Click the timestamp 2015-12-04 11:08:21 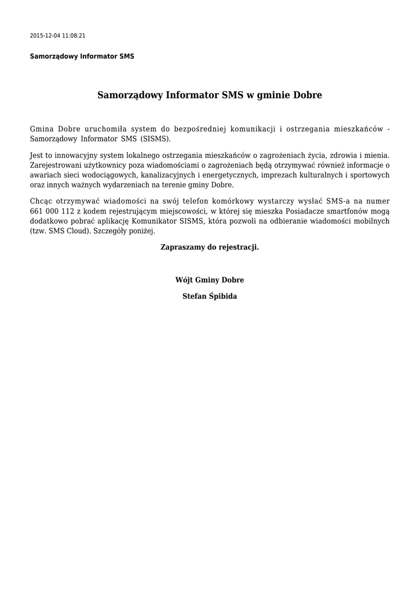pyautogui.click(x=57, y=35)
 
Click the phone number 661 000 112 pyautogui.click(x=52, y=211)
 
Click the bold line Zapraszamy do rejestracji pyautogui.click(x=209, y=247)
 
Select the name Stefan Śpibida pyautogui.click(x=209, y=296)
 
